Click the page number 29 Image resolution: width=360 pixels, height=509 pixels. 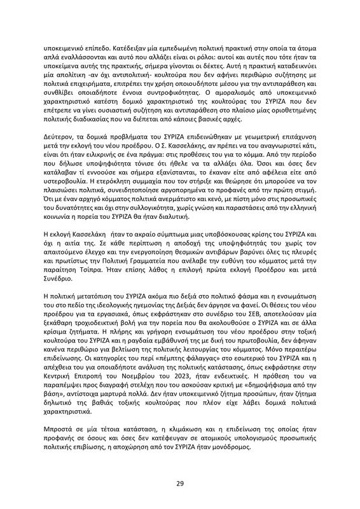tap(180, 485)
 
